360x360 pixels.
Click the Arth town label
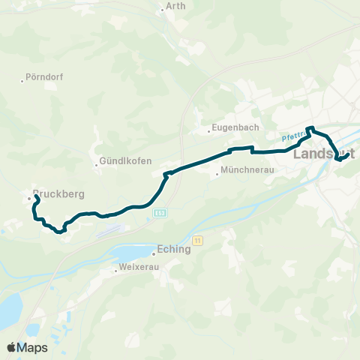[176, 6]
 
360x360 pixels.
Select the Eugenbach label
[235, 128]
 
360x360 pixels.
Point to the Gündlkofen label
[127, 161]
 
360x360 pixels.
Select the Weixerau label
[139, 268]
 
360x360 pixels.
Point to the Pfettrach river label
[295, 136]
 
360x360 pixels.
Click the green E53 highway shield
[161, 213]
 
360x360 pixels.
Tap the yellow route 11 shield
[197, 240]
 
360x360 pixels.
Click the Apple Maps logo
[27, 347]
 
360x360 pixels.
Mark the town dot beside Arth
[161, 10]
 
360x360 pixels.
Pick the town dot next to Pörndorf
[23, 80]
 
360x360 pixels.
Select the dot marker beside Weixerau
[116, 268]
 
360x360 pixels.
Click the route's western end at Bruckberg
[36, 196]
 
